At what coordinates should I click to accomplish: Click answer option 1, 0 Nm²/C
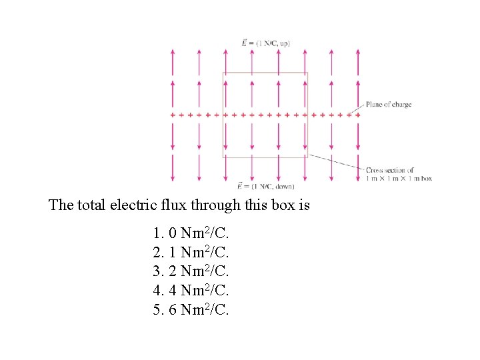pyautogui.click(x=191, y=234)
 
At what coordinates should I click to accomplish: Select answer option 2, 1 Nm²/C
pyautogui.click(x=191, y=253)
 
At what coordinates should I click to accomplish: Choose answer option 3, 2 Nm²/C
pyautogui.click(x=191, y=272)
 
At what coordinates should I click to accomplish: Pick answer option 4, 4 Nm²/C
pyautogui.click(x=191, y=291)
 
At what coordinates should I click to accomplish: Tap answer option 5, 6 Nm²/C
pyautogui.click(x=191, y=310)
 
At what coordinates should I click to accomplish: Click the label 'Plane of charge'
pyautogui.click(x=388, y=105)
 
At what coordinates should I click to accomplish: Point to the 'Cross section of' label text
pyautogui.click(x=389, y=171)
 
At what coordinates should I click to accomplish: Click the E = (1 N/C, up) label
pyautogui.click(x=265, y=43)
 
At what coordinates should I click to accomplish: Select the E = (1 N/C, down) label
pyautogui.click(x=265, y=186)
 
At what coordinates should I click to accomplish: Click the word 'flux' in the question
pyautogui.click(x=200, y=205)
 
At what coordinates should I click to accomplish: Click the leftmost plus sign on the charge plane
pyautogui.click(x=173, y=115)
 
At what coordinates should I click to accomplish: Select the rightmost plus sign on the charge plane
pyautogui.click(x=358, y=115)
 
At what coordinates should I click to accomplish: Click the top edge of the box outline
pyautogui.click(x=265, y=73)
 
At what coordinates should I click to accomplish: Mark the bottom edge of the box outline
pyautogui.click(x=265, y=157)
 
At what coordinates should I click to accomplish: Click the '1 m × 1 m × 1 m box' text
pyautogui.click(x=399, y=179)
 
